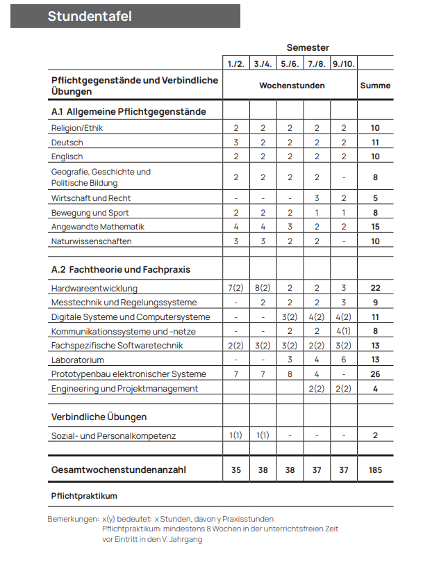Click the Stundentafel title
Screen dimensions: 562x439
90,16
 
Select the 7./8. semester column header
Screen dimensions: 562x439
317,64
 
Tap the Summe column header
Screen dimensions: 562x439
375,86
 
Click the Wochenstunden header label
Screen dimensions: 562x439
292,86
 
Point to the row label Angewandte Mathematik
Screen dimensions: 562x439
98,227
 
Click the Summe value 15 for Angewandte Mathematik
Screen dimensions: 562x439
375,227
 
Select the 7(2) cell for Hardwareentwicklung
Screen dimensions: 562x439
236,288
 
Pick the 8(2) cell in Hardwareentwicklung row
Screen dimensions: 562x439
263,288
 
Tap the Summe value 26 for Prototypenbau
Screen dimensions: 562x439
375,374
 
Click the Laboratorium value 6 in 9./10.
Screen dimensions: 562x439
344,360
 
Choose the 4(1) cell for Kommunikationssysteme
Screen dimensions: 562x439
344,331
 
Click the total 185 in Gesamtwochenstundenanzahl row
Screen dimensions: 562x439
375,470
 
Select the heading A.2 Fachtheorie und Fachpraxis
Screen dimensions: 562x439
121,269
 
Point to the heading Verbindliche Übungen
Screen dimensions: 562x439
99,417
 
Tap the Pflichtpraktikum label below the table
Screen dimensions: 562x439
84,496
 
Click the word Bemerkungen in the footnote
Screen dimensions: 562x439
73,519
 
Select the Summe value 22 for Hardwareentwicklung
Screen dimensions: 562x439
375,288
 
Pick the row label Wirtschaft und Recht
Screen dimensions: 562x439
91,198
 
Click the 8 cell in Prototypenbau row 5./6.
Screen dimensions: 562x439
290,374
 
